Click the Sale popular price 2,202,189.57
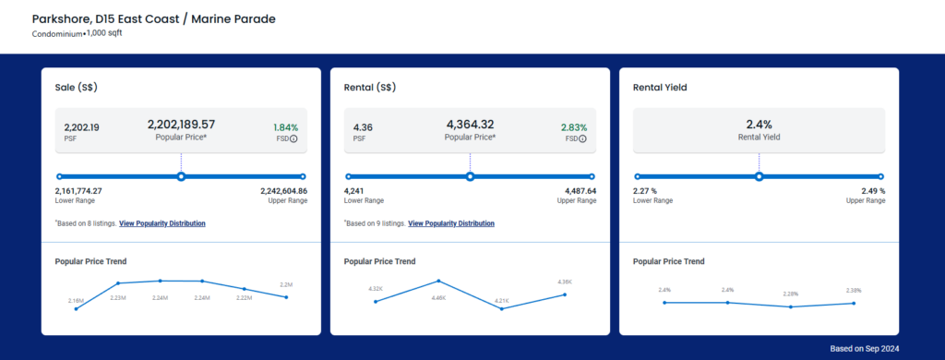coord(181,125)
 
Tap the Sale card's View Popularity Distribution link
coord(162,223)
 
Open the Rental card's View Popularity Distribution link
coord(451,223)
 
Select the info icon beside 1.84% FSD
coord(293,138)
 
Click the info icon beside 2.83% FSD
coord(583,138)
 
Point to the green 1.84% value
coord(286,127)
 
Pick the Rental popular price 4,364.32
coord(470,125)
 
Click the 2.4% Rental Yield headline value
coord(760,125)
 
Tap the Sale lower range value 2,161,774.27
coord(78,190)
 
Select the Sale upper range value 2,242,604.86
coord(284,190)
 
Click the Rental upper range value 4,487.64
coord(581,190)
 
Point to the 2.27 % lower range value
coord(645,190)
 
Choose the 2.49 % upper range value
coord(873,190)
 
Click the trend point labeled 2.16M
coord(76,308)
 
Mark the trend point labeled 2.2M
coord(286,296)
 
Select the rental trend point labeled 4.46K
coord(438,281)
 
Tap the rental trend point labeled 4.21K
coord(501,308)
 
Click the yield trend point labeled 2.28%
coord(791,307)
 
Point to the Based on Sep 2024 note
coord(864,349)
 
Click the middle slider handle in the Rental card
coord(470,176)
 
